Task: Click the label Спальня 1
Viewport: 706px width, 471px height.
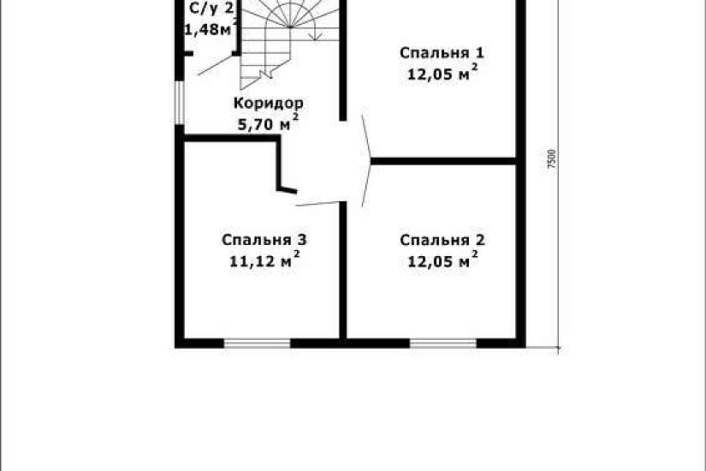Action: (436, 53)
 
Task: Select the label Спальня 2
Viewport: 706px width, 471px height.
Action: (436, 240)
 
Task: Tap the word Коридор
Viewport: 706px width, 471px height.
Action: (268, 103)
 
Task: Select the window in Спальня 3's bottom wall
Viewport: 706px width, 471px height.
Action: (257, 343)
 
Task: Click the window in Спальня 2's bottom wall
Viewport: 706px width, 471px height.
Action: (442, 343)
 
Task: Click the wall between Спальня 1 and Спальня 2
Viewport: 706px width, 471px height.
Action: (444, 159)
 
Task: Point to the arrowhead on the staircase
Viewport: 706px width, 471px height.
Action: (315, 37)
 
